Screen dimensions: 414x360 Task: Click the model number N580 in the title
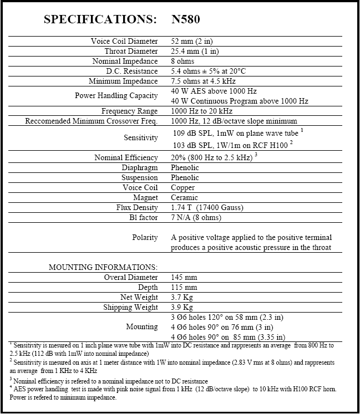tap(186, 20)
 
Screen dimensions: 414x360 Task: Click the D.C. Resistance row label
tap(132, 71)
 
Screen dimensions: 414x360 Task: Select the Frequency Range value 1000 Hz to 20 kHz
tap(203, 111)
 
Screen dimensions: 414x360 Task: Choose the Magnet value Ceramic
tap(185, 197)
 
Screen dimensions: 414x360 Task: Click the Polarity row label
tap(145, 237)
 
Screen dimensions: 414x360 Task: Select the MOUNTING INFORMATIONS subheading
tap(103, 267)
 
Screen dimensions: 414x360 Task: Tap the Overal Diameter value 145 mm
tap(184, 277)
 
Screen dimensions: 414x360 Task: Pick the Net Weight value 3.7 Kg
tap(182, 297)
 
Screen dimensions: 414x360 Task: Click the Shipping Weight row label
tap(130, 307)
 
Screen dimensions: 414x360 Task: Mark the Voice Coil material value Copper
tap(183, 187)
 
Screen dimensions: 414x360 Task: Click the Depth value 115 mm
tap(184, 287)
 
